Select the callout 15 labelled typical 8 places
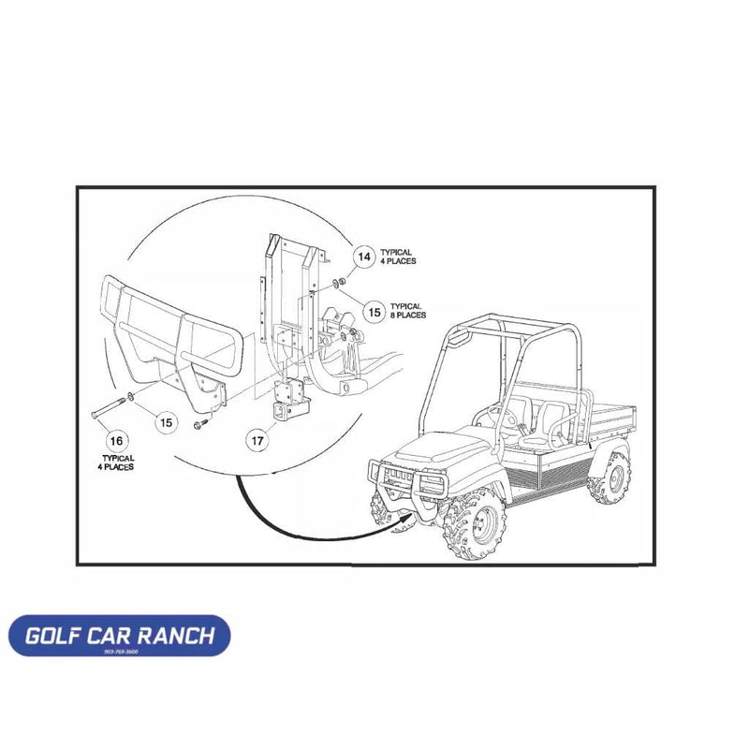374,311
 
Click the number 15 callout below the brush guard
165,423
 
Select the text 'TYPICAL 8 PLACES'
408,311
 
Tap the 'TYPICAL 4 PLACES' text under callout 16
117,463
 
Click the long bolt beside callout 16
109,408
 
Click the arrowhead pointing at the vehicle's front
408,513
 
